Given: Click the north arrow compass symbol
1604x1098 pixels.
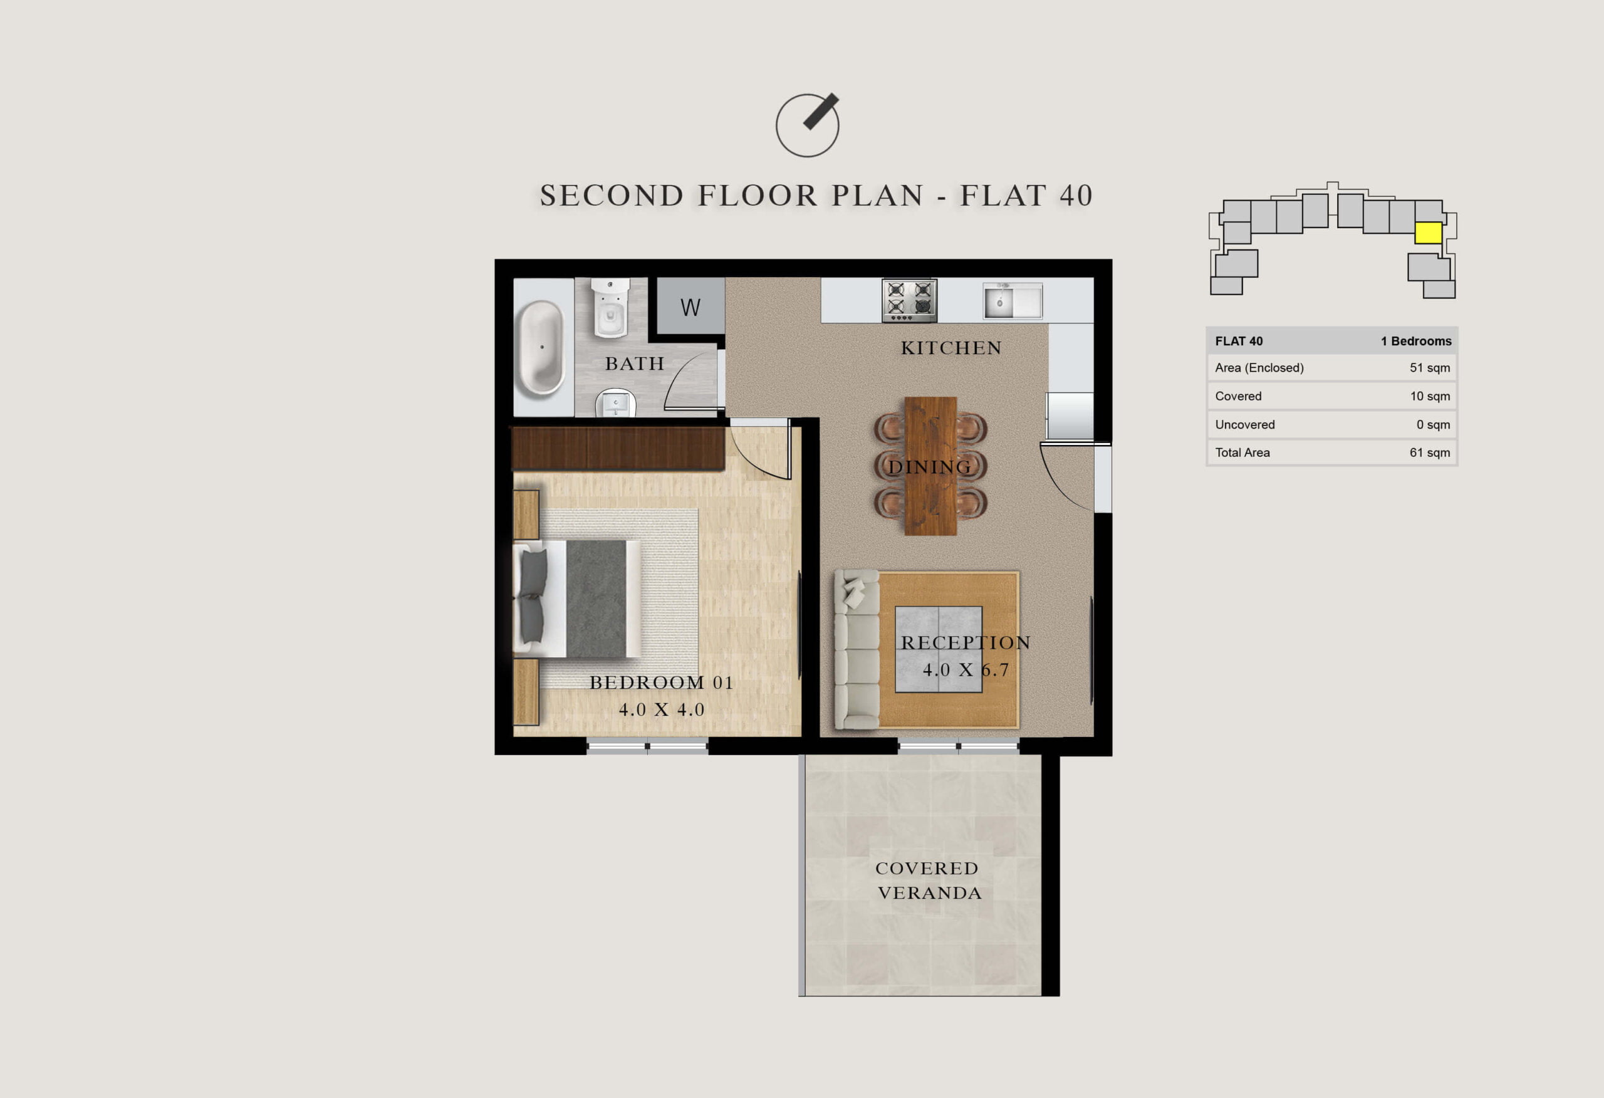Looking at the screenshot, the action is [x=807, y=125].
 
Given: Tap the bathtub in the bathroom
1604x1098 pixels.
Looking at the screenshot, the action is [x=541, y=347].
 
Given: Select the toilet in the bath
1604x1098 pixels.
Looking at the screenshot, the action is [x=611, y=307].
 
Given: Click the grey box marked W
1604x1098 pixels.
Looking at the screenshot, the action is [x=690, y=306].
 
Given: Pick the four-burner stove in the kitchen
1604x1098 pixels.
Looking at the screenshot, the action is [x=910, y=300].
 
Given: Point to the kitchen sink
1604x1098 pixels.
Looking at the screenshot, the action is [x=1013, y=300].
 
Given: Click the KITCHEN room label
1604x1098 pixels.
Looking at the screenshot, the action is [x=951, y=348].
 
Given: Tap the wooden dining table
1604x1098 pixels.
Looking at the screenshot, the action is [x=930, y=466].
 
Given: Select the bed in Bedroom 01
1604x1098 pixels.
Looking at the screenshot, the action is [x=577, y=599].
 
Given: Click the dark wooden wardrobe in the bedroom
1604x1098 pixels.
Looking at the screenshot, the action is [x=618, y=449].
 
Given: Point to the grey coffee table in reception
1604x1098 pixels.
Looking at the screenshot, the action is [x=939, y=649].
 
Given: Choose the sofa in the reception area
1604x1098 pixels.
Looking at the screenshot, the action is [x=857, y=649].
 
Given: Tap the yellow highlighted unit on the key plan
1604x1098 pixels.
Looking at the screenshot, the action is [x=1428, y=233].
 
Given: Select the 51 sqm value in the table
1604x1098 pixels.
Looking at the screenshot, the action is [x=1429, y=368].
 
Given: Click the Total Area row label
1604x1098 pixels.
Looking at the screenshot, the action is [x=1242, y=453].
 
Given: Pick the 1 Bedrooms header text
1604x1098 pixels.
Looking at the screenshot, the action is [x=1416, y=341].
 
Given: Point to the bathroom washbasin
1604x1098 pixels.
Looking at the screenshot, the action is [x=616, y=404].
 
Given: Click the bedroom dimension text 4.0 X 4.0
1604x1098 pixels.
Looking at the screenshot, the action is [x=661, y=710].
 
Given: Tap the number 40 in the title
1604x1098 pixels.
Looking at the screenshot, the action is [x=1076, y=196].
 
